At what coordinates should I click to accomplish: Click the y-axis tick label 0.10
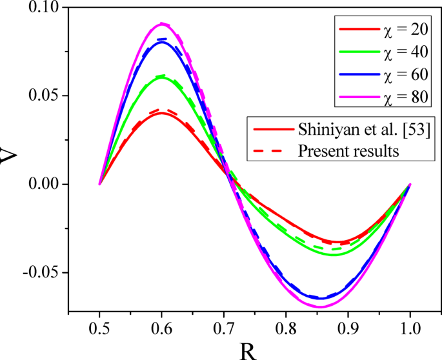[41, 8]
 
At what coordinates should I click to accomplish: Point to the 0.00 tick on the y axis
[41, 184]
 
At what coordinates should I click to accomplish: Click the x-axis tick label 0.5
[99, 327]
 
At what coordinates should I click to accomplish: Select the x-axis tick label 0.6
[161, 327]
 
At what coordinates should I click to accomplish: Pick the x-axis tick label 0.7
[223, 327]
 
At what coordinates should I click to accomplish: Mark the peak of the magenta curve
[162, 24]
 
